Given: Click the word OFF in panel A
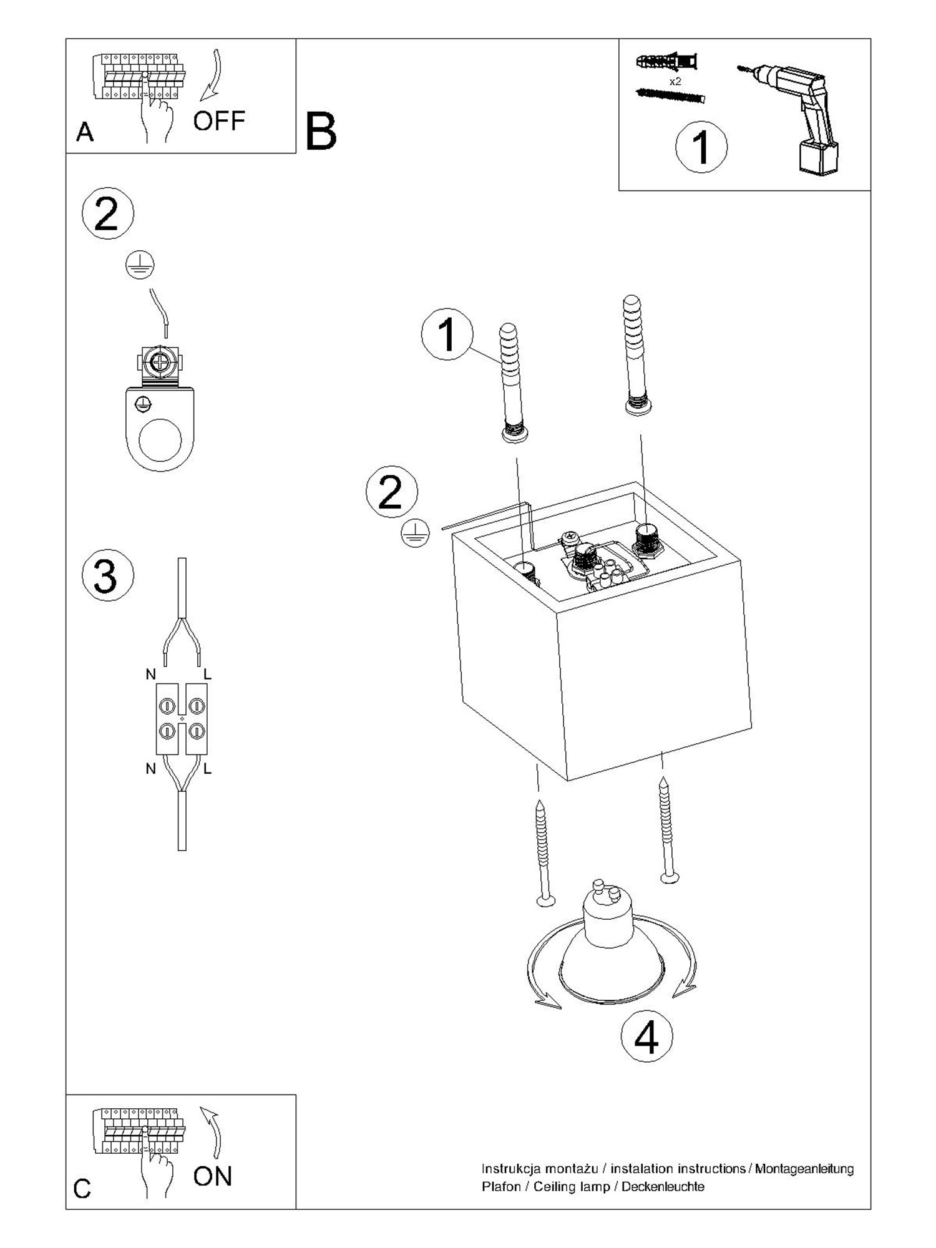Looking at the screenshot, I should (218, 121).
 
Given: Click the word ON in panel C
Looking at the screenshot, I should (212, 1176).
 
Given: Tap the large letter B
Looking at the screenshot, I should (321, 132).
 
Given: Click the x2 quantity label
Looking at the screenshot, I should (675, 82).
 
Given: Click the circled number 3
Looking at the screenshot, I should (107, 575).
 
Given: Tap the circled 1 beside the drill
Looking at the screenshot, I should (701, 147).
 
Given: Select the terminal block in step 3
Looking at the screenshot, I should (182, 718).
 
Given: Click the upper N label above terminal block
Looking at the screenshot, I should (151, 674).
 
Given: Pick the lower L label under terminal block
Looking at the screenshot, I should (207, 769).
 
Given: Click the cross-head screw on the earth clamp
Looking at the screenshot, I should (160, 363).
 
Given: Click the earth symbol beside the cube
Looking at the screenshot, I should (415, 534).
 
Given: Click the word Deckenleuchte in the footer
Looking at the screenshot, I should (663, 1186).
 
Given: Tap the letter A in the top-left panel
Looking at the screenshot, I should (85, 132).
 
